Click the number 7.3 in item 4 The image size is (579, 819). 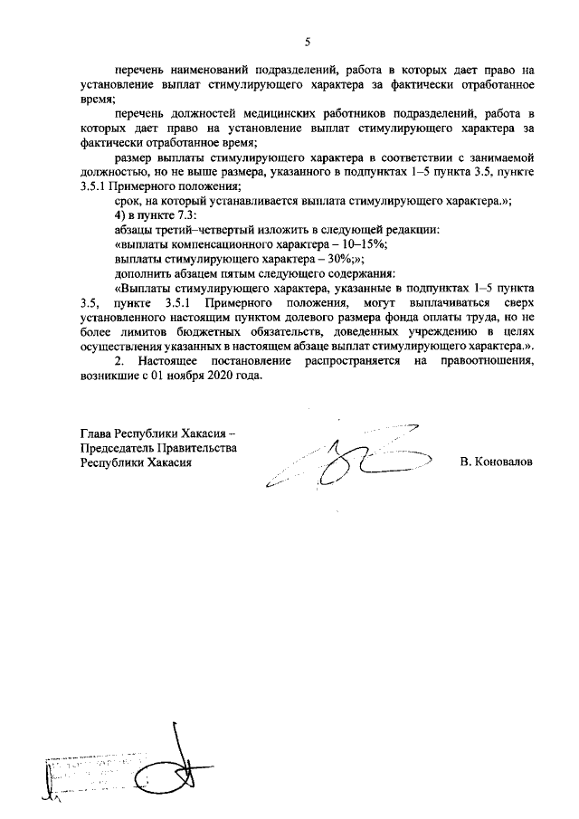(x=196, y=215)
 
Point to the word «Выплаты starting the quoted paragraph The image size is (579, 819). (x=147, y=288)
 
